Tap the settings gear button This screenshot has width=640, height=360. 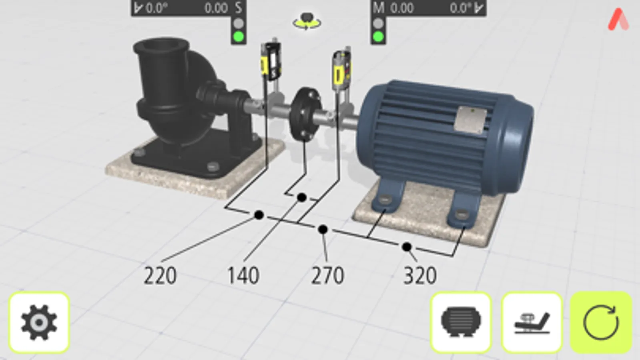(x=39, y=323)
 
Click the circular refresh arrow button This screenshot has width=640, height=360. (x=601, y=323)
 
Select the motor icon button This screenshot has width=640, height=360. (x=461, y=323)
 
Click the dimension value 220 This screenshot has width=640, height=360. (x=160, y=276)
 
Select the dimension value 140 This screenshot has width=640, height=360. (x=243, y=276)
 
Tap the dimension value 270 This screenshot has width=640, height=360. (x=327, y=276)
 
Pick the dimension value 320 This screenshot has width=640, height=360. (x=420, y=276)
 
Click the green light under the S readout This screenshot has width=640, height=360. (x=239, y=37)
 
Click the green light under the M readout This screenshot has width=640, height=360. (x=378, y=37)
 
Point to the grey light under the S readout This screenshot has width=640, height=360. (x=239, y=24)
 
